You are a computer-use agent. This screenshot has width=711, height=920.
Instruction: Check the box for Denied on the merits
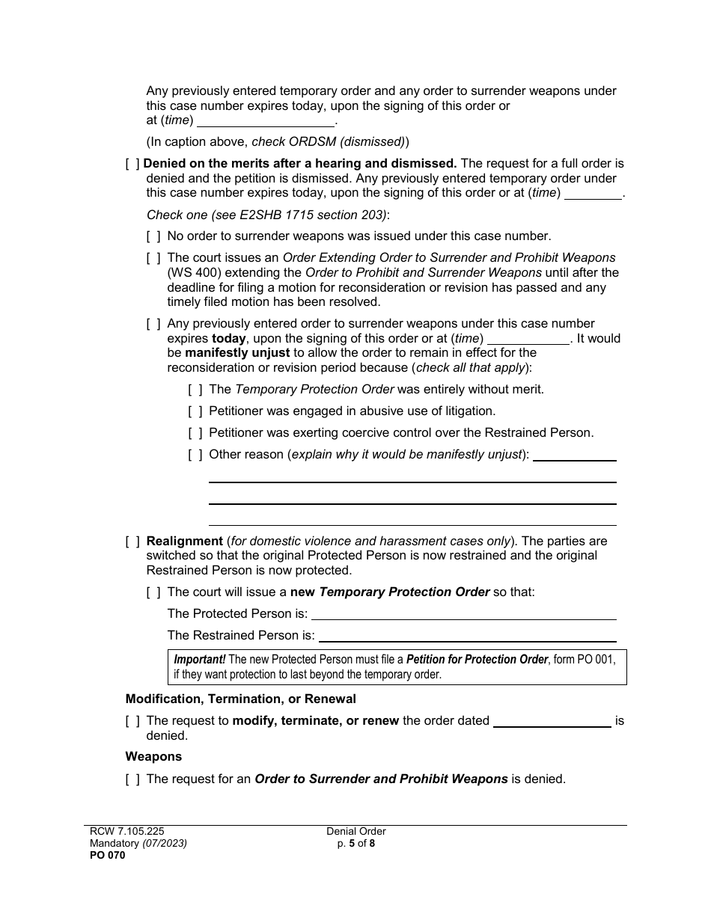[x=132, y=164]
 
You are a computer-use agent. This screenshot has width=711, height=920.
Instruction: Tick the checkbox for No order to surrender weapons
[x=153, y=236]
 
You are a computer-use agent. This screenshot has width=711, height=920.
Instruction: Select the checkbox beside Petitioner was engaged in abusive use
[x=195, y=411]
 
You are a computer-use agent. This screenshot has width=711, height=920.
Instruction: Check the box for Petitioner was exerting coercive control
[x=195, y=433]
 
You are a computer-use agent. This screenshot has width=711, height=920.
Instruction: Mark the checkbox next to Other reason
[x=195, y=455]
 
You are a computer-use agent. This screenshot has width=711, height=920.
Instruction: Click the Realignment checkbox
[x=132, y=542]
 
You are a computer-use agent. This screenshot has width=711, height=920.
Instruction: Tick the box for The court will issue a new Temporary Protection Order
[x=153, y=592]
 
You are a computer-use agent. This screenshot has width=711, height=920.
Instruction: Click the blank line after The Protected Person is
[x=463, y=614]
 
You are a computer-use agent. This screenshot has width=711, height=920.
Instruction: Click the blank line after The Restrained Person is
[x=467, y=636]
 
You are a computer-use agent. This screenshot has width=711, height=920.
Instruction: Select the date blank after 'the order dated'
[x=552, y=722]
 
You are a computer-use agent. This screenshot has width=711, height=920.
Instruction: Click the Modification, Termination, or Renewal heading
[x=240, y=699]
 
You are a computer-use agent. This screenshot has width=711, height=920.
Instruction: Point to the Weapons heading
[x=153, y=757]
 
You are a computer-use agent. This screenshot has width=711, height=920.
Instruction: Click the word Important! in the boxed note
[x=199, y=660]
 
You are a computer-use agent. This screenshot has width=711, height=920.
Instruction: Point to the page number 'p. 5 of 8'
[x=356, y=844]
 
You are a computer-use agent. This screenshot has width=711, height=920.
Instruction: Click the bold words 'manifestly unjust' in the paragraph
[x=238, y=353]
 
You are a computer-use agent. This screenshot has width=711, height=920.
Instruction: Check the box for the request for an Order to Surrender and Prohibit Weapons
[x=132, y=779]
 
